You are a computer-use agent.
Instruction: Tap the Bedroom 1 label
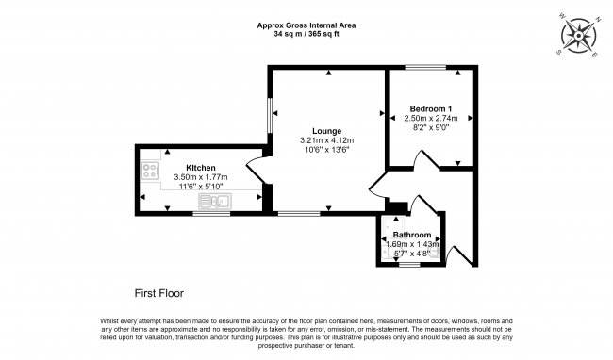pyautogui.click(x=430, y=107)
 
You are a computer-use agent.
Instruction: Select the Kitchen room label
pyautogui.click(x=200, y=167)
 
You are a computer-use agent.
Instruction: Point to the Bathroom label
pyautogui.click(x=412, y=235)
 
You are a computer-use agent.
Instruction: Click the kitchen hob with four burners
pyautogui.click(x=151, y=171)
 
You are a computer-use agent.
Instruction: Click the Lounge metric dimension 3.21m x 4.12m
pyautogui.click(x=326, y=140)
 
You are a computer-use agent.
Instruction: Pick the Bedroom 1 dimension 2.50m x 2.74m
pyautogui.click(x=430, y=118)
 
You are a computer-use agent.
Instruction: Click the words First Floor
pyautogui.click(x=156, y=292)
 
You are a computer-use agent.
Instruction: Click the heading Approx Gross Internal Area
pyautogui.click(x=306, y=25)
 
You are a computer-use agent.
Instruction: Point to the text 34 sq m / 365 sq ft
pyautogui.click(x=306, y=34)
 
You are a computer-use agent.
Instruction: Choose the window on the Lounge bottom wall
pyautogui.click(x=298, y=213)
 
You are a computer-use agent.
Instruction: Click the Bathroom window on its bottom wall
pyautogui.click(x=409, y=266)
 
